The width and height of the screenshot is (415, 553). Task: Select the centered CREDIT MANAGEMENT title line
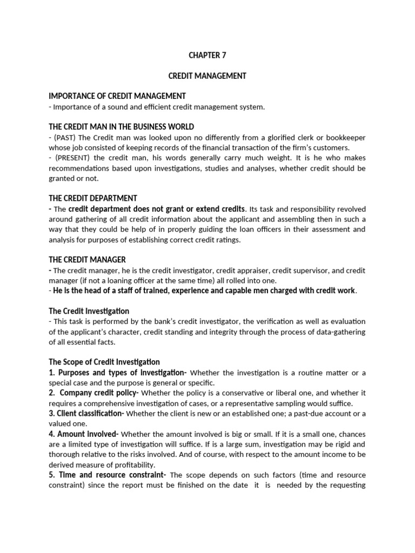pos(207,76)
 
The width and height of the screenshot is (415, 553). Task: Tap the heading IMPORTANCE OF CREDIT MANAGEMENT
pos(117,96)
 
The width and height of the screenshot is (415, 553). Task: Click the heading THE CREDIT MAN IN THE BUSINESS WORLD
pos(121,127)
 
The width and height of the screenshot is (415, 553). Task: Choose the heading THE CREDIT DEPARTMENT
pos(92,198)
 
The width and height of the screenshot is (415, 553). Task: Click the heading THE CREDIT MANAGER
pos(87,260)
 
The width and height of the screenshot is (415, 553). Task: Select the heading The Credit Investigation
pos(89,311)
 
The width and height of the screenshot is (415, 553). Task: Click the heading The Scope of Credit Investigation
pos(104,362)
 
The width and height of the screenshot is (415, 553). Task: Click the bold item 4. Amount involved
pos(84,434)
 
